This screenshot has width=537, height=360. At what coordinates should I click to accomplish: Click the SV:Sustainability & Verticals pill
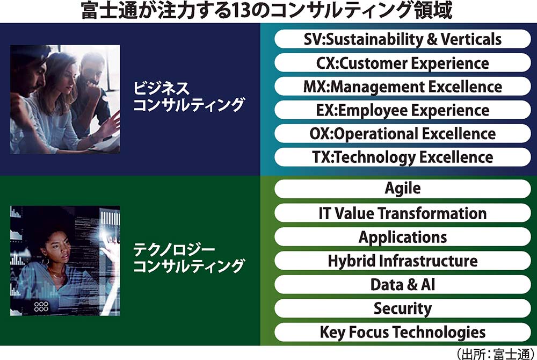coord(403,39)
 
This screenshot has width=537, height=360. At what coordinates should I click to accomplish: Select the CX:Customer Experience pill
coord(403,62)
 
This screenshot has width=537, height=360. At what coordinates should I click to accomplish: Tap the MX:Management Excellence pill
coord(403,86)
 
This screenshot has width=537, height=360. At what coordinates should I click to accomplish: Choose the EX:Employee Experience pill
coord(403,110)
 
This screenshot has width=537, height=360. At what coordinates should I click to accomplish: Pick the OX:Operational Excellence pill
coord(403,133)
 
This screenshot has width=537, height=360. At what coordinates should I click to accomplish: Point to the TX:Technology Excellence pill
coord(403,157)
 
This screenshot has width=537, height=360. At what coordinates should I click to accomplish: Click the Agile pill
coord(403,189)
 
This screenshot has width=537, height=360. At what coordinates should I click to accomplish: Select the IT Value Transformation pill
coord(403,213)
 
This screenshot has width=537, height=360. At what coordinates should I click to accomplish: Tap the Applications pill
coord(403,237)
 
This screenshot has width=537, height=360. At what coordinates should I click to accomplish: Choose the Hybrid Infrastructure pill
coord(403,261)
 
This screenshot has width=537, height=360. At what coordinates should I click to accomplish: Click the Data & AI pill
coord(403,284)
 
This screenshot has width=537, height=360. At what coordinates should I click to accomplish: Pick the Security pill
coord(403,308)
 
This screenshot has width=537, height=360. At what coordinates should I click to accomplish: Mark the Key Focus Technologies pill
coord(403,332)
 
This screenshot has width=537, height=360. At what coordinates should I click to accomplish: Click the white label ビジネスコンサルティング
coord(188,97)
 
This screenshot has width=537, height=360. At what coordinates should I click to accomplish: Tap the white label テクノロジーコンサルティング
coord(188,258)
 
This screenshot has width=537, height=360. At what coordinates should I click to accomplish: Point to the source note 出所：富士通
coord(495,354)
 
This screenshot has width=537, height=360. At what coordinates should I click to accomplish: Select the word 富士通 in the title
coord(109,11)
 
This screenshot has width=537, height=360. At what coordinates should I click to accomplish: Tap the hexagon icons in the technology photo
coord(41,306)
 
